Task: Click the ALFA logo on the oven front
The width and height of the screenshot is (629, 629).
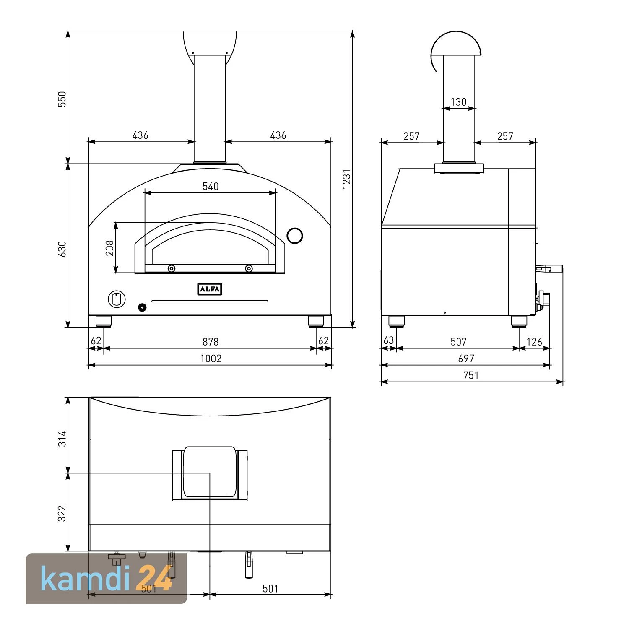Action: click(210, 289)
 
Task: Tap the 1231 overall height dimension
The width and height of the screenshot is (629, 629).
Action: click(346, 179)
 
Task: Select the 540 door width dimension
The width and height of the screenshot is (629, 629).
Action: click(211, 186)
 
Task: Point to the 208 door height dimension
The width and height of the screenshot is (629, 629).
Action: click(109, 248)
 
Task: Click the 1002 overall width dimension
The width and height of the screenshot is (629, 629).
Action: click(211, 359)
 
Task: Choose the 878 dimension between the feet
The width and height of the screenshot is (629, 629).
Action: click(211, 342)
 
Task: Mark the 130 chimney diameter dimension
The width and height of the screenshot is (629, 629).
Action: click(458, 102)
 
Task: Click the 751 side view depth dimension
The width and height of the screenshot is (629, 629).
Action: click(471, 375)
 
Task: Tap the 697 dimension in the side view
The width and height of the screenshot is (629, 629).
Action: click(466, 359)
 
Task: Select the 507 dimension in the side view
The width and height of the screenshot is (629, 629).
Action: click(458, 342)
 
